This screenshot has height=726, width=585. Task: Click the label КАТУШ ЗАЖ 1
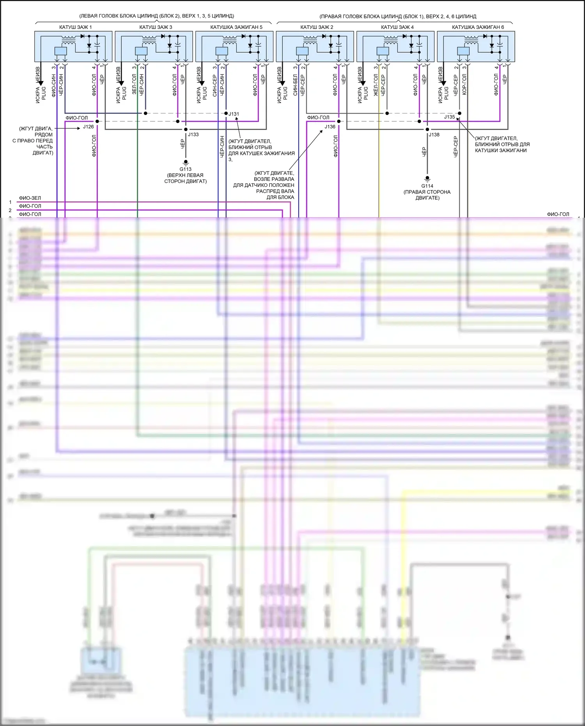click(75, 27)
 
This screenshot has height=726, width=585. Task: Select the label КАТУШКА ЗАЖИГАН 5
click(236, 27)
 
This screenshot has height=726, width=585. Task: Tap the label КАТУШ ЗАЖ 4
click(397, 27)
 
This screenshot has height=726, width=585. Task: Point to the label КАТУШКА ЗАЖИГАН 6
click(478, 27)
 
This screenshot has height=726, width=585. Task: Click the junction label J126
click(88, 127)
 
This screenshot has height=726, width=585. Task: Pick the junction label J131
click(234, 114)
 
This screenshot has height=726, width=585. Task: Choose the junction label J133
click(193, 135)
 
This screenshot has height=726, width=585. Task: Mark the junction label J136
click(330, 127)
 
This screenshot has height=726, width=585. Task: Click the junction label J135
click(449, 117)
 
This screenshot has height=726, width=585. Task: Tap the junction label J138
click(434, 135)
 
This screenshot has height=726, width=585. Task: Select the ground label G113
click(185, 169)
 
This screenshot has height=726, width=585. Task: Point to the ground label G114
click(427, 186)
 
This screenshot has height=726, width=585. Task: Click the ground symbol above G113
click(186, 162)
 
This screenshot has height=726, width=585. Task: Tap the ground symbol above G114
click(427, 179)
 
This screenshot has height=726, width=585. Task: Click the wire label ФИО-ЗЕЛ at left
click(30, 198)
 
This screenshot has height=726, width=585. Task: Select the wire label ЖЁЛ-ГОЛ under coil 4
click(376, 85)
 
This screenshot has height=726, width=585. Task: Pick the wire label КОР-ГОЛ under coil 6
click(464, 85)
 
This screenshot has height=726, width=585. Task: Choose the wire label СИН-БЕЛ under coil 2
click(295, 85)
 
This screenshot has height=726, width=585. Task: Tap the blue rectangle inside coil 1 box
click(60, 51)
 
